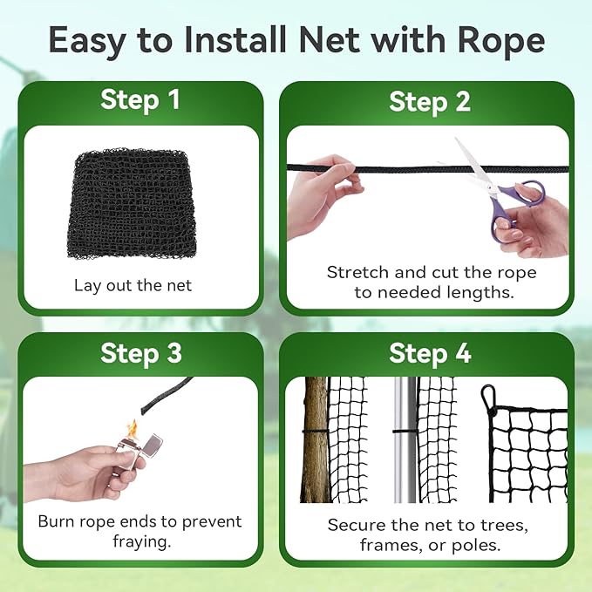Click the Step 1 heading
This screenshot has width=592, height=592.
pyautogui.click(x=139, y=99)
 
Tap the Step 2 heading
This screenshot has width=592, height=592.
pyautogui.click(x=430, y=101)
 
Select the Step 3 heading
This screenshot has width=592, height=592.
pyautogui.click(x=141, y=353)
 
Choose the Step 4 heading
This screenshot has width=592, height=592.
pyautogui.click(x=430, y=353)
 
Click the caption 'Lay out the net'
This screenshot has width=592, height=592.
pyautogui.click(x=133, y=285)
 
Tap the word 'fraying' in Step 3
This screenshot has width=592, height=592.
pyautogui.click(x=139, y=541)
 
